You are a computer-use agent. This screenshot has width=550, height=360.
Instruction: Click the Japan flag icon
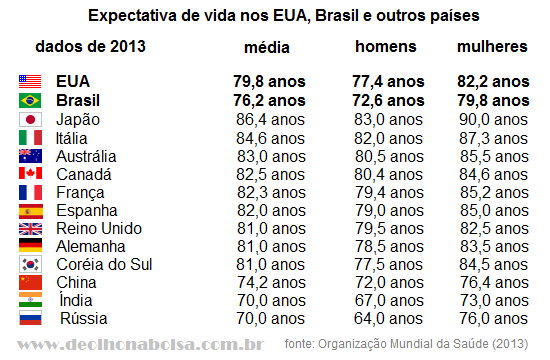pyautogui.click(x=30, y=120)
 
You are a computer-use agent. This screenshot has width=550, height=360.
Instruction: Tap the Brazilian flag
pyautogui.click(x=30, y=101)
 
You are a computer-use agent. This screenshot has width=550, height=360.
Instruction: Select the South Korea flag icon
pyautogui.click(x=30, y=265)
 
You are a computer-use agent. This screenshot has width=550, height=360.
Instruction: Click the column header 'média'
pyautogui.click(x=267, y=47)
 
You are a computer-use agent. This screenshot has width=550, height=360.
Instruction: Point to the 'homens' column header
pyautogui.click(x=385, y=47)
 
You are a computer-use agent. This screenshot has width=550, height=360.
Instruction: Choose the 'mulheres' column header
pyautogui.click(x=492, y=47)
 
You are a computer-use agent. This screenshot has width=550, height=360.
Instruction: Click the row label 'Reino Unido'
pyautogui.click(x=99, y=229)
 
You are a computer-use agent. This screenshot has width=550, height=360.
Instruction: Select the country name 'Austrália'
pyautogui.click(x=86, y=156)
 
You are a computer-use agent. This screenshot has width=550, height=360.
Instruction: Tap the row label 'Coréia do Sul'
pyautogui.click(x=104, y=265)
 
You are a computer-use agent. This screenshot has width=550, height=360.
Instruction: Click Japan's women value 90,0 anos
pyautogui.click(x=493, y=120)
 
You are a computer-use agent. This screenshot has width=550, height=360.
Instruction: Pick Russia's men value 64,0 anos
pyautogui.click(x=388, y=319)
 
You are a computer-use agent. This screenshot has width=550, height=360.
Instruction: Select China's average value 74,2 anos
pyautogui.click(x=271, y=282)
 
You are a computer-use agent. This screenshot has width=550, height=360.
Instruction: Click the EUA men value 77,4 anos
pyautogui.click(x=388, y=82)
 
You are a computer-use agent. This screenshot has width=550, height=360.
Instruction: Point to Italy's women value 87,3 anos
pyautogui.click(x=493, y=139)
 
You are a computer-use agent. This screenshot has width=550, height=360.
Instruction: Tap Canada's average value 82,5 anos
pyautogui.click(x=270, y=175)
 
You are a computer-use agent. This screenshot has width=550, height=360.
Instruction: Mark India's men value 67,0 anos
pyautogui.click(x=389, y=301)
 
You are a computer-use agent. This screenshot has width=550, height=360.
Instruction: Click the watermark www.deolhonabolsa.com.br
pyautogui.click(x=140, y=344)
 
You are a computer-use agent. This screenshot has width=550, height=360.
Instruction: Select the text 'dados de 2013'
pyautogui.click(x=90, y=47)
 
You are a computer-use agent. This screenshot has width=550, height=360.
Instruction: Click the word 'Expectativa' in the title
pyautogui.click(x=132, y=16)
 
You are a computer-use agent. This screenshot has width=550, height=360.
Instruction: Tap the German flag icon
pyautogui.click(x=30, y=245)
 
